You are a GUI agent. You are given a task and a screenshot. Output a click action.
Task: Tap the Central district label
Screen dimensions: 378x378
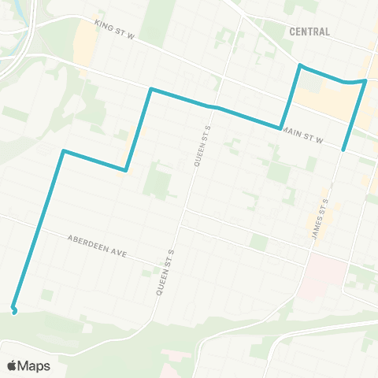[309, 31]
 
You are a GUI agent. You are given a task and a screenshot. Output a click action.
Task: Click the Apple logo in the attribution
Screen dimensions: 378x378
[13, 365]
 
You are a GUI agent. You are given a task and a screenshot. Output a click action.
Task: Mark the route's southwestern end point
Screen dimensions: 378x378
[13, 308]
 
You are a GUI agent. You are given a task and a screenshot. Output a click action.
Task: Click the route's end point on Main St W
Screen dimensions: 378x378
[344, 148]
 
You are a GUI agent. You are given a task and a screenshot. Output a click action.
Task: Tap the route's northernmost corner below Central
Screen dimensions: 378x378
[300, 65]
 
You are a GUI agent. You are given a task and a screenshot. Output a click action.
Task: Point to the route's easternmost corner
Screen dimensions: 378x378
[366, 80]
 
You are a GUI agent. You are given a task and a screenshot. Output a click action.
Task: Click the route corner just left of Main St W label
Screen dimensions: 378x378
[280, 128]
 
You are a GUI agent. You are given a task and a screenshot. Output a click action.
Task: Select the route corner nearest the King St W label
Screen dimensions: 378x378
[150, 89]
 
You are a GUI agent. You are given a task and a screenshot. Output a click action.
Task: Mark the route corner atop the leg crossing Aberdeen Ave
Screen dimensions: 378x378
[63, 150]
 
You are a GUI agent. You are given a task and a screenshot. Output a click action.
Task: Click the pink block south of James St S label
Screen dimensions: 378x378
[327, 272]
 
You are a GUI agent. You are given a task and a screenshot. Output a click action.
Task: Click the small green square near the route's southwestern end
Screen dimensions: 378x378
[48, 295]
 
